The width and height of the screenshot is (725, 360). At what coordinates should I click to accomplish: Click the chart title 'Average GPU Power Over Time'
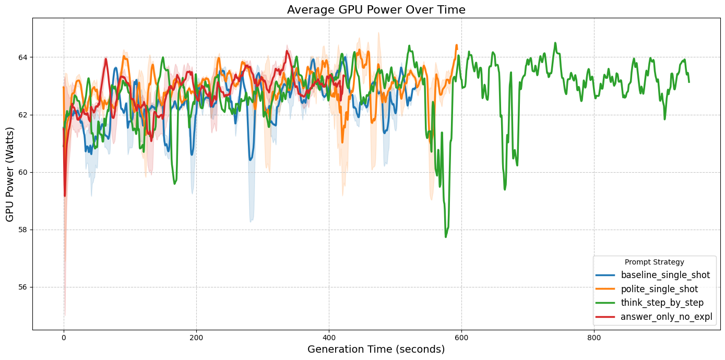(376, 9)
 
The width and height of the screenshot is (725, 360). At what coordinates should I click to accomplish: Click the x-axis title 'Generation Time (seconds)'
(376, 350)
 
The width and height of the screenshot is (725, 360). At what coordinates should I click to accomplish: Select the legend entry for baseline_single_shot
(665, 275)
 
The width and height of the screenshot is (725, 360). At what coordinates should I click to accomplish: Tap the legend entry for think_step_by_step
(662, 303)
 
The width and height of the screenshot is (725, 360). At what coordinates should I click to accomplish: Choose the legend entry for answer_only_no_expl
(666, 317)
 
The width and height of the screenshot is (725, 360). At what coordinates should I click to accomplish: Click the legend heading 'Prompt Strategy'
(654, 262)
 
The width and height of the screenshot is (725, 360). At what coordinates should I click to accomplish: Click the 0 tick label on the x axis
(64, 337)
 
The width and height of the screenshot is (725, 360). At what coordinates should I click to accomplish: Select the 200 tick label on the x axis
(196, 337)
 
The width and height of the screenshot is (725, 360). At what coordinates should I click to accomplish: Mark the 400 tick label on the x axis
(329, 337)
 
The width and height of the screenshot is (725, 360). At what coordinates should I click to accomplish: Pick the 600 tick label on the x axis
(461, 337)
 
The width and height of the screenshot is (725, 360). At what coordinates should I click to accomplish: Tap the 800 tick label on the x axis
(594, 337)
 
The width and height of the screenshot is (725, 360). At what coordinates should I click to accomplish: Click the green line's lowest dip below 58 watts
(446, 236)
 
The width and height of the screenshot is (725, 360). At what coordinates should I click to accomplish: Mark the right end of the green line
(689, 81)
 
